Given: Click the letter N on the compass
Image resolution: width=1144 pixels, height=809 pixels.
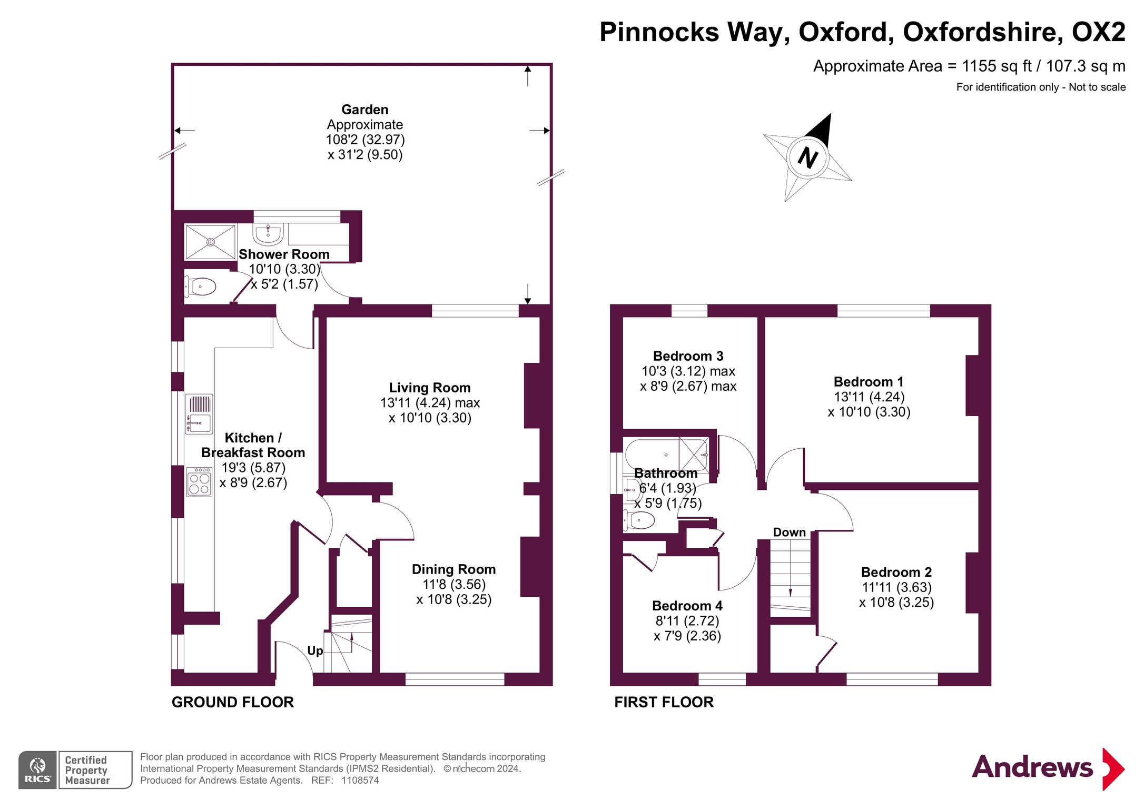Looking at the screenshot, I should point(807,157).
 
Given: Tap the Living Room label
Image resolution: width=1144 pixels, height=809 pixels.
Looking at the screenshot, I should point(429,388).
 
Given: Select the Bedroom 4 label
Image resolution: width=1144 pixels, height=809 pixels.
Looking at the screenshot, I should point(687,606).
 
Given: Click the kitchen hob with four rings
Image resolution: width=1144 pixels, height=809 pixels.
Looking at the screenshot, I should point(199,482).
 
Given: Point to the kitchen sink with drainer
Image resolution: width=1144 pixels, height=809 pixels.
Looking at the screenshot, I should point(199,414).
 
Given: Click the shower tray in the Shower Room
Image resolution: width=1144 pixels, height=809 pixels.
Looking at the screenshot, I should point(210,242).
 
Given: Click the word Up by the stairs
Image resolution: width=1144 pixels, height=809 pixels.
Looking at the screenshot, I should point(314,651).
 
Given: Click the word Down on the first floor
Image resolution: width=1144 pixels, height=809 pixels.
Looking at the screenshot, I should point(789,532).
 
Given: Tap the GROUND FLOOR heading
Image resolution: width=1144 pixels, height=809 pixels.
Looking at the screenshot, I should point(232,702).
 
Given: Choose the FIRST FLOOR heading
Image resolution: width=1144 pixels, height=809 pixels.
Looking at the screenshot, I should point(664,702).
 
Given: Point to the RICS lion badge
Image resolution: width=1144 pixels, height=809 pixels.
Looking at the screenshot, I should point(37,770).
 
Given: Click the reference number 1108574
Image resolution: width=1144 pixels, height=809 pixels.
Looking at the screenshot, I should point(360,781).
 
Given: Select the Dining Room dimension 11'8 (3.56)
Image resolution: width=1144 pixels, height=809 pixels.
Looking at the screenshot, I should point(453,585).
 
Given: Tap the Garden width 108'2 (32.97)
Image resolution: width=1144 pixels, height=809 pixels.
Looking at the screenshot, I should point(365,140).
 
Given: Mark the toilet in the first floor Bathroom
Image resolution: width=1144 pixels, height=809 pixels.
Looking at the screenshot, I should point(639,520).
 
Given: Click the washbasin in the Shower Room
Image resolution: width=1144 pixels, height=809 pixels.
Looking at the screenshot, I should point(268,233).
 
